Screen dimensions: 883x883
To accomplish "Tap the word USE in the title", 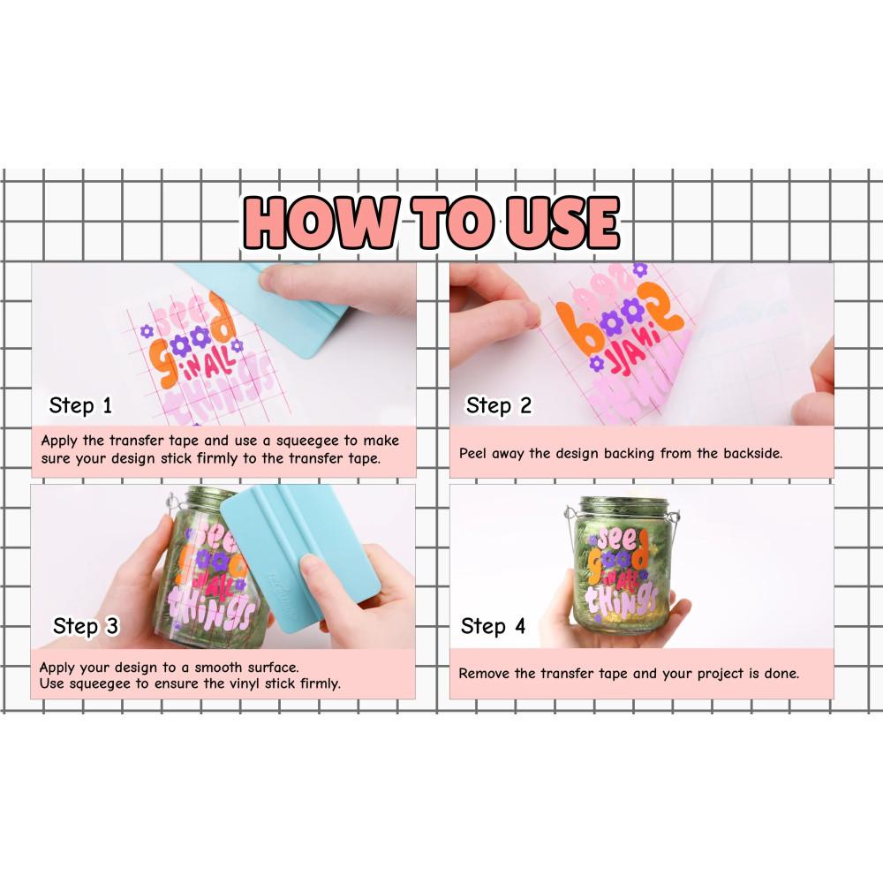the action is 562,222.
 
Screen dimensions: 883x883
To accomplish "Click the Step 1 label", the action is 80,405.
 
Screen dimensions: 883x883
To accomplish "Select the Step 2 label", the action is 498,405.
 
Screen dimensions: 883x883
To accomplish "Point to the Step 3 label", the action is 86,626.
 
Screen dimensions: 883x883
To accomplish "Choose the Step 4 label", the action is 493,626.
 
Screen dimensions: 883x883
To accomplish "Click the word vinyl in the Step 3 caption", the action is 245,684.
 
